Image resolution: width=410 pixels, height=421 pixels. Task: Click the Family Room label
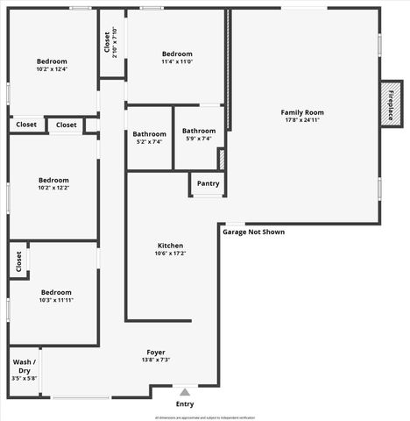click(302, 112)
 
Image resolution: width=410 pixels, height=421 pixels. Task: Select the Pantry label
click(208, 183)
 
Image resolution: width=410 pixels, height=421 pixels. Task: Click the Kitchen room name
click(170, 245)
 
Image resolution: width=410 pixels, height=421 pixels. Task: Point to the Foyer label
click(156, 352)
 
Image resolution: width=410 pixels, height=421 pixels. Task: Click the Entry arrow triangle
click(184, 392)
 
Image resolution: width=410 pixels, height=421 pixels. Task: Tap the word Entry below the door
click(185, 403)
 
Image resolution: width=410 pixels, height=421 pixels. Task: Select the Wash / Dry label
click(24, 366)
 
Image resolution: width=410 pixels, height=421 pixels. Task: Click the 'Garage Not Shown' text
click(253, 232)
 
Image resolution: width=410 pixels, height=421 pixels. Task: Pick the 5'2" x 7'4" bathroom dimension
click(150, 141)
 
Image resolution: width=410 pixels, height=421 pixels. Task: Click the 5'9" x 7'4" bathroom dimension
click(199, 139)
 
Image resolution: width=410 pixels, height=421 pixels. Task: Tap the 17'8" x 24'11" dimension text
click(302, 121)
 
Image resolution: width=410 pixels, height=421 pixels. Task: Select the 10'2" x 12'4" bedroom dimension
click(53, 68)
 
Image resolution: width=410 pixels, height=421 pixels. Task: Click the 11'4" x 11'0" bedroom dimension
click(177, 61)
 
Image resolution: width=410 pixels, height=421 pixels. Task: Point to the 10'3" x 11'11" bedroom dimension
click(55, 300)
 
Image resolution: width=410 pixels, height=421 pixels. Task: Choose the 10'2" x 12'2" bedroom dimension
click(53, 188)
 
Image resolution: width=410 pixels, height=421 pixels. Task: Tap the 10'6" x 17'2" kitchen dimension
click(170, 253)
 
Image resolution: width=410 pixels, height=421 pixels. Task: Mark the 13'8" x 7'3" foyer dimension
click(156, 360)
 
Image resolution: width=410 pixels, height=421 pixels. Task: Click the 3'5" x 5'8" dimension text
click(24, 378)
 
